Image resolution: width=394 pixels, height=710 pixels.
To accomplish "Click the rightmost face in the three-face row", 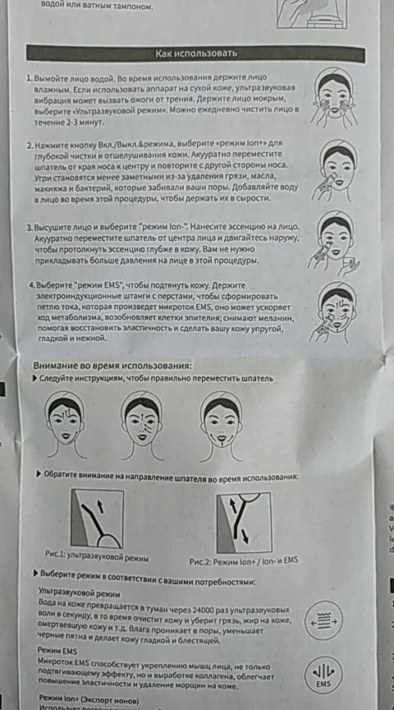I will [x=221, y=419].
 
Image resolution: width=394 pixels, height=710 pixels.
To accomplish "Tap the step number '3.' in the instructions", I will [x=30, y=227].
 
